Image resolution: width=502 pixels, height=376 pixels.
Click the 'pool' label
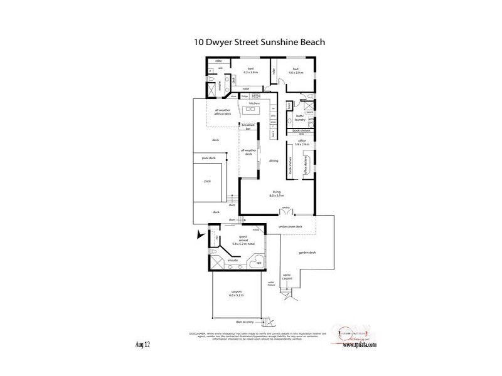coord(207,181)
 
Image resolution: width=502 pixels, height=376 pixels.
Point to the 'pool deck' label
coord(208,158)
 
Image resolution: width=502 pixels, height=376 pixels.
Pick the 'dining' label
coord(274,161)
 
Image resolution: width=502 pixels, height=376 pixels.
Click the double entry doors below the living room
coord(286,212)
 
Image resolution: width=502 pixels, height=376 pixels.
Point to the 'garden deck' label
coord(307,253)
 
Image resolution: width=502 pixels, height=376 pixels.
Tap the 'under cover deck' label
coord(291,226)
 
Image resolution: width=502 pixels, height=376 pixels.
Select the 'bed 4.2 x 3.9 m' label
coord(250,71)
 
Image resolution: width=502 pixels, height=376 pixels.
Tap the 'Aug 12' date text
coord(142,345)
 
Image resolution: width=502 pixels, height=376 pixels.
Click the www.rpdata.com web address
coord(360,345)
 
